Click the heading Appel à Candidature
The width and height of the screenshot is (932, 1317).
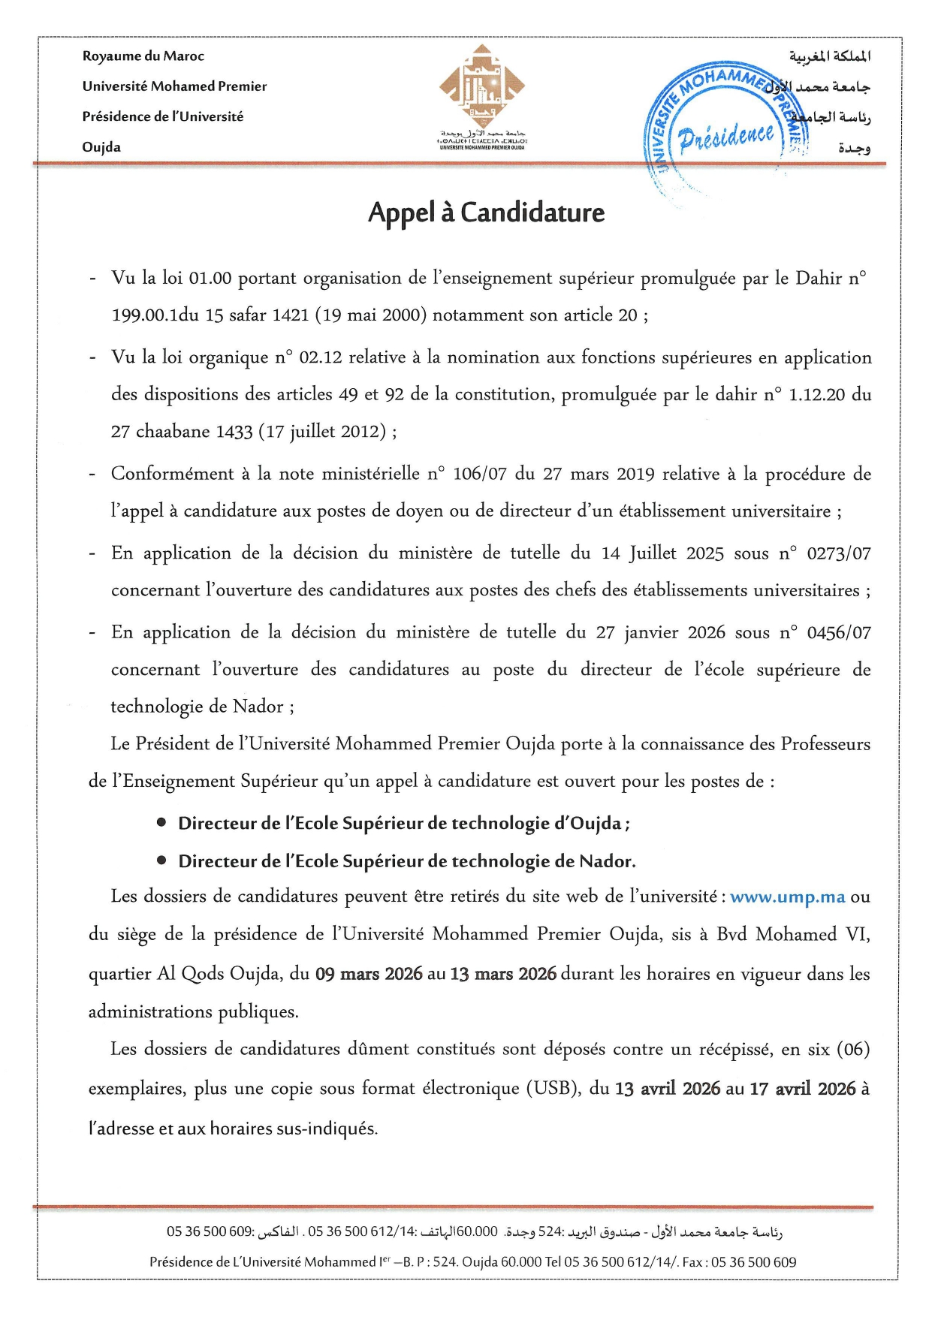[x=486, y=213]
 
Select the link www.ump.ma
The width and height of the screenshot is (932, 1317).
[x=787, y=897]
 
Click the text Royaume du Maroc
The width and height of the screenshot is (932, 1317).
[x=143, y=56]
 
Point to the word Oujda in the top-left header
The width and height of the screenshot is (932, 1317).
[x=101, y=147]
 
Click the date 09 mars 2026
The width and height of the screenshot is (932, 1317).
[x=369, y=975]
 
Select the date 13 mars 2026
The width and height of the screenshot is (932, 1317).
[x=502, y=975]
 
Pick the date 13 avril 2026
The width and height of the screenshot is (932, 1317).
[x=667, y=1089]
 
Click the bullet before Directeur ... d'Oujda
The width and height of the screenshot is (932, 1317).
[x=161, y=823]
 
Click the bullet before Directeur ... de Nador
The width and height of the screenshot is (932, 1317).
[x=161, y=860]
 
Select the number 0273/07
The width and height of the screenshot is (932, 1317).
[x=838, y=554]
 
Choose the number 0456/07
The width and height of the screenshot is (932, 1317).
[x=838, y=633]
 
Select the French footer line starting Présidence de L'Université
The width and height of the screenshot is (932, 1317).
[x=472, y=1262]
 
